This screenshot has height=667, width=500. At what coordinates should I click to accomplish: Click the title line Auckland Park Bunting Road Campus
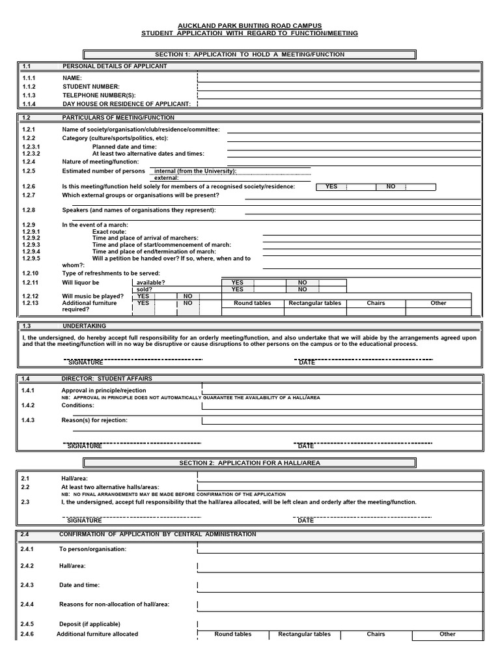coord(250,25)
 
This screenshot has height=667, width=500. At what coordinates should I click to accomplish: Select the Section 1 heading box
coord(250,55)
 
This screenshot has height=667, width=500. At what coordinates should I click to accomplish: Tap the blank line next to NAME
coord(339,78)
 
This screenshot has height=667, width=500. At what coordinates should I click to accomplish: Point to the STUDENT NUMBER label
coord(91,87)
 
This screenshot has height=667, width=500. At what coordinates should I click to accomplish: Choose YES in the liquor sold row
coord(238,289)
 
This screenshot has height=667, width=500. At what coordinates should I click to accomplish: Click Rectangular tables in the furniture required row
coord(314,304)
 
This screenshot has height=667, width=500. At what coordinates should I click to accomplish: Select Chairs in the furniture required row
coord(376,304)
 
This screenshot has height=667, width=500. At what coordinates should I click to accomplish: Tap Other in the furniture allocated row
coord(447,634)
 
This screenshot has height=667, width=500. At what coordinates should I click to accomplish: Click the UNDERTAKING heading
coord(84,326)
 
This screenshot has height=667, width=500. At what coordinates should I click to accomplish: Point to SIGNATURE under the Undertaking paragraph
coord(86,363)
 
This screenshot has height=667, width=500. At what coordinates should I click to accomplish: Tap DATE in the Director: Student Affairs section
coord(306,446)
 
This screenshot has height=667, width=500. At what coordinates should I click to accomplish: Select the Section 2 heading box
coord(250,463)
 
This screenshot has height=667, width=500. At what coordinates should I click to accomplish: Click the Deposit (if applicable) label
coord(90,623)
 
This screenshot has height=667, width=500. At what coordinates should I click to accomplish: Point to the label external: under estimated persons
coord(167,177)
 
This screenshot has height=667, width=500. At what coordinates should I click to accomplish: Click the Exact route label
coord(109,231)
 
